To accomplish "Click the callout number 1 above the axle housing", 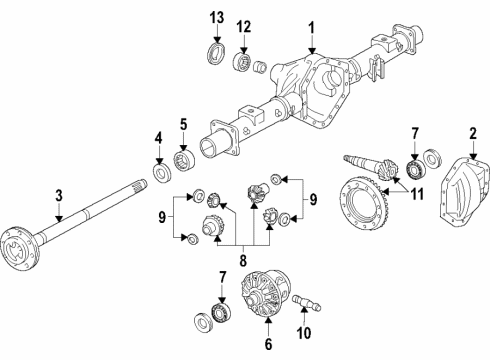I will point(311,27).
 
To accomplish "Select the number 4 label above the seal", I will point(157,137).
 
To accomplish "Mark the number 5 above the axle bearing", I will point(183,125).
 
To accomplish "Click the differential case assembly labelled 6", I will point(265,299).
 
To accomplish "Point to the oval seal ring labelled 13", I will point(213,54).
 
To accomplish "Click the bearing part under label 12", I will point(242,63).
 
